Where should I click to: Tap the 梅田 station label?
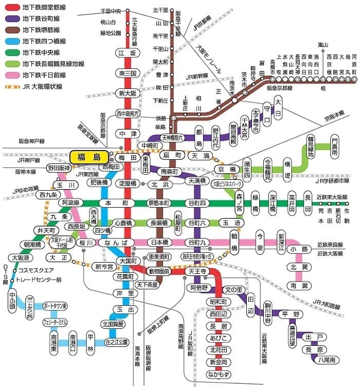[x=126, y=157]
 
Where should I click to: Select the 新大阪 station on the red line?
[x=126, y=93]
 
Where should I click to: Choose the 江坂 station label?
[x=126, y=53]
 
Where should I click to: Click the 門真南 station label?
[x=335, y=146]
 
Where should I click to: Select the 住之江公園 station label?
[x=116, y=341]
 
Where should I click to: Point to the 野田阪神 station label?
[x=59, y=168]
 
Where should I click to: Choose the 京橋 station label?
[x=227, y=169]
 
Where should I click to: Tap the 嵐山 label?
[x=323, y=45]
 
